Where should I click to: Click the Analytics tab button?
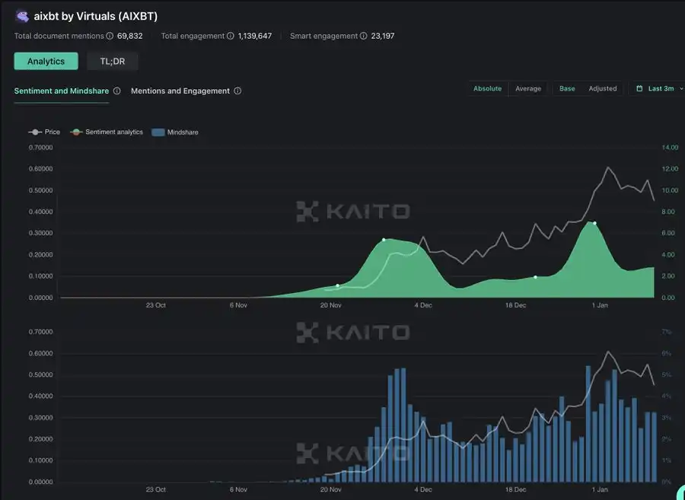coord(46,61)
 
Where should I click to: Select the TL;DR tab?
coord(112,61)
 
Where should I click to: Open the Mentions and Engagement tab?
coord(180,91)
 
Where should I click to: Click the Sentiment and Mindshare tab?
coord(62,91)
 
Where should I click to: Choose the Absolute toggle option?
coord(487,88)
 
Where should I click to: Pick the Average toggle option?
coord(528,88)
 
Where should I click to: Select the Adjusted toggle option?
coord(602,88)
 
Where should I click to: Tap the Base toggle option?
coord(567,88)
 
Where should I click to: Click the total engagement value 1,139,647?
coord(254,36)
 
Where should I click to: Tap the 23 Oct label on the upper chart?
coord(155,305)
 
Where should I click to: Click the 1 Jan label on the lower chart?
coord(600,490)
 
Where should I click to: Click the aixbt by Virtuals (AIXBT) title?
coord(96,16)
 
